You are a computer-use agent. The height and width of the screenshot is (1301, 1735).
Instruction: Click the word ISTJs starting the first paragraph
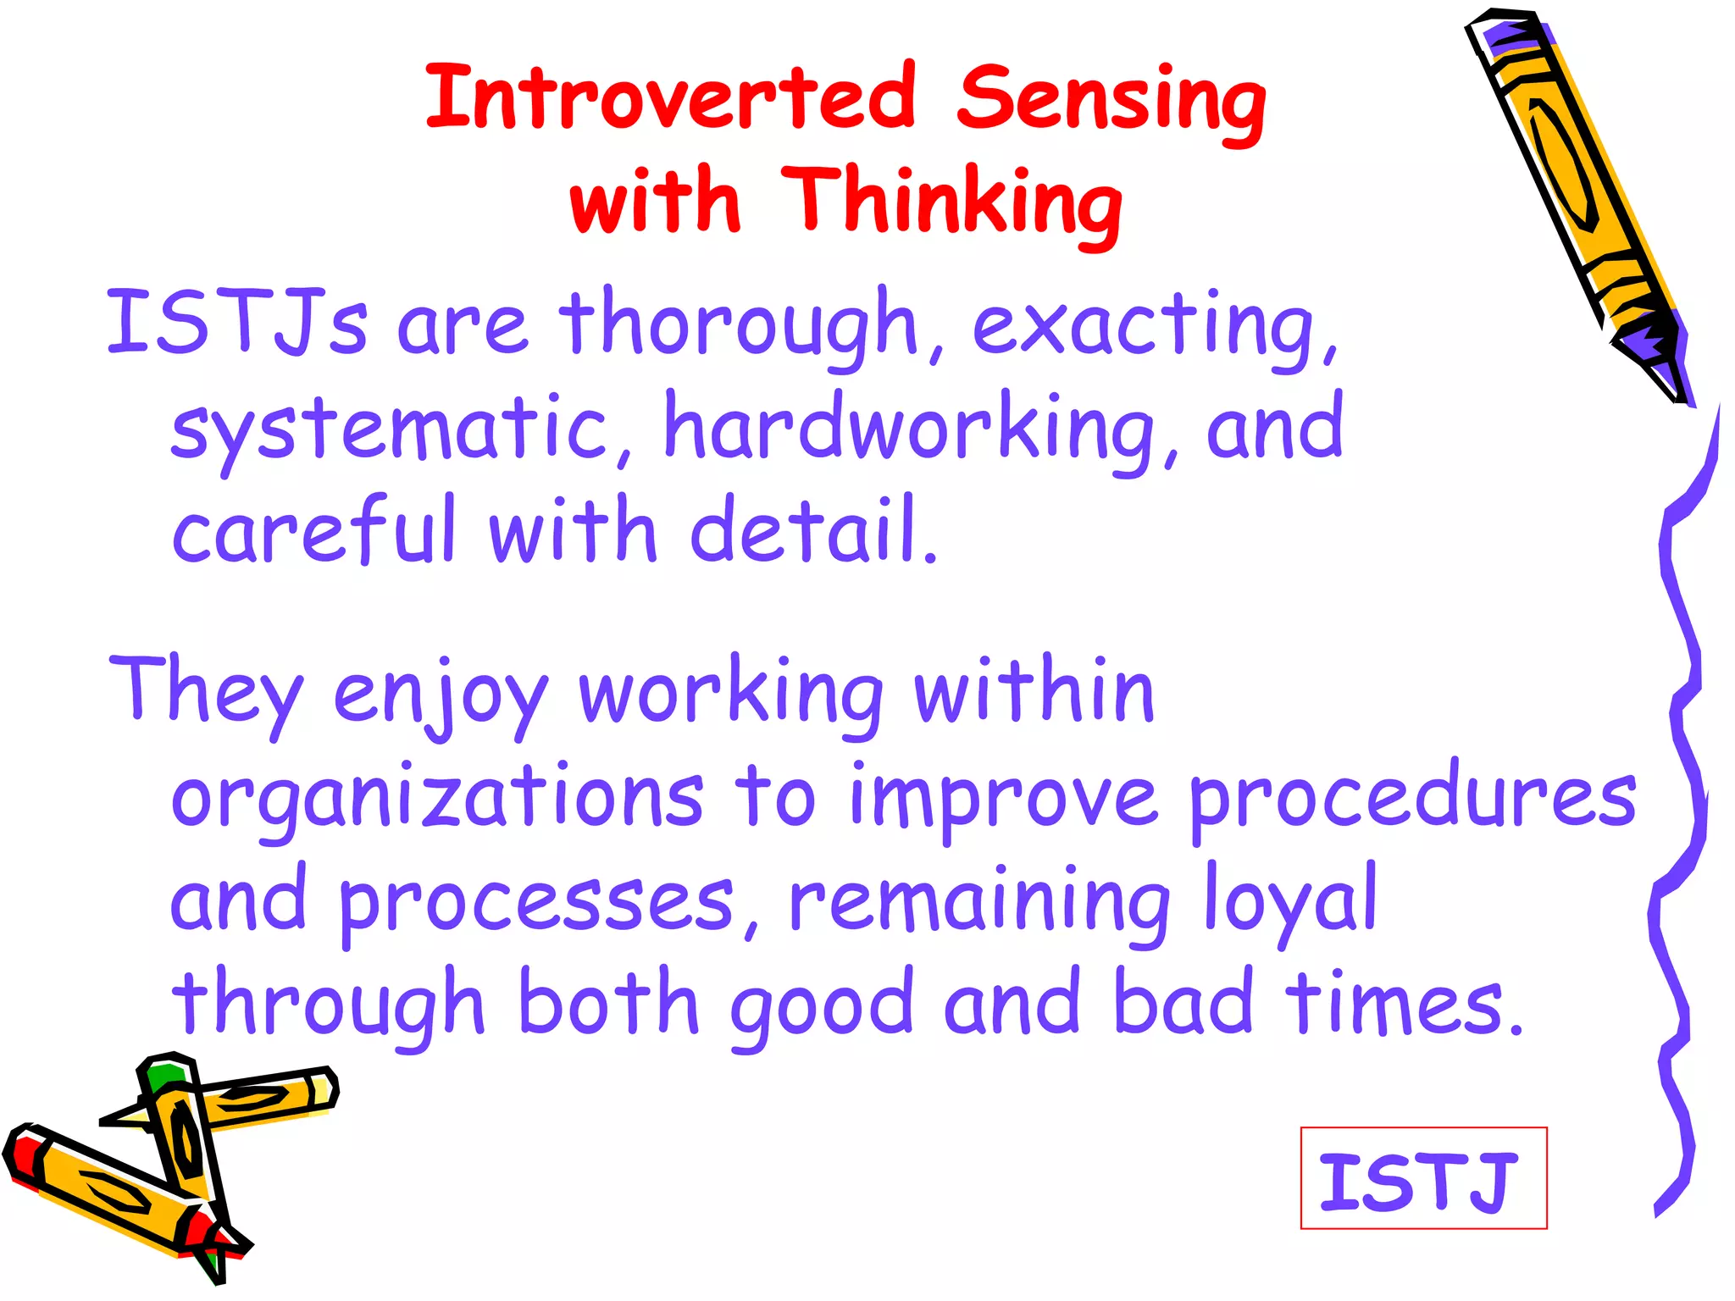coord(236,324)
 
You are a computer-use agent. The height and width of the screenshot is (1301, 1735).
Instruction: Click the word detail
coord(813,529)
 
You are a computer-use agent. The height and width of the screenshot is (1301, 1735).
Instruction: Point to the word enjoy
coord(441,695)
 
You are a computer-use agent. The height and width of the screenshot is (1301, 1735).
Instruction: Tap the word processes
coord(542,903)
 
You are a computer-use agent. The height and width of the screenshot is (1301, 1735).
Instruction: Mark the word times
coord(1403,1004)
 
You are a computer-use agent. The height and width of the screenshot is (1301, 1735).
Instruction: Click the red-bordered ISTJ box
coord(1423,1177)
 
